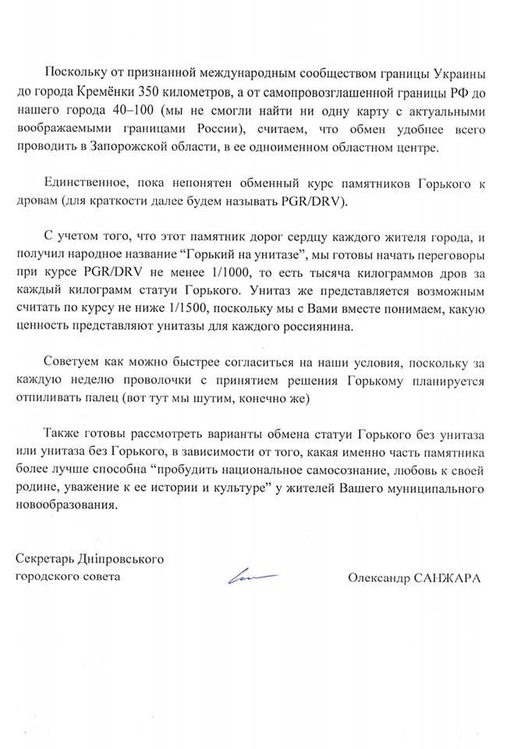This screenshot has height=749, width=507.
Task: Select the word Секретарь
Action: (46, 559)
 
